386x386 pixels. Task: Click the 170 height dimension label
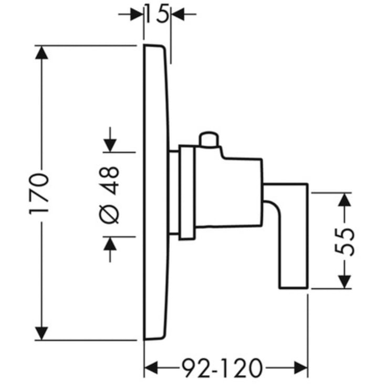pos(39,194)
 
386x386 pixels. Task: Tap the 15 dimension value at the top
pos(157,14)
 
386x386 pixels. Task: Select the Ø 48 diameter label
pos(109,195)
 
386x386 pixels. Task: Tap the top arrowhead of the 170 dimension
pos(41,53)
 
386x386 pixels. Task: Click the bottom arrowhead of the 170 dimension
pos(41,333)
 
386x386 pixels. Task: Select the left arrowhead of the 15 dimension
pos(137,14)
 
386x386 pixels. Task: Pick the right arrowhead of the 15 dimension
pos(178,14)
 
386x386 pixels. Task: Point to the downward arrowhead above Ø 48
pos(110,145)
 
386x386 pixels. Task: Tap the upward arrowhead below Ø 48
pos(110,244)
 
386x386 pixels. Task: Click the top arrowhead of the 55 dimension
pos(345,200)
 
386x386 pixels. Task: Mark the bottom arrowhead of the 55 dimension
pos(345,281)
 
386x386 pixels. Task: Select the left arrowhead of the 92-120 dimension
pos(151,368)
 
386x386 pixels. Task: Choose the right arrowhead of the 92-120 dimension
pos(301,368)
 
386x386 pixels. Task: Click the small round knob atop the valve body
pos(209,139)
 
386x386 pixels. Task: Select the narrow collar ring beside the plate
pos(187,193)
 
